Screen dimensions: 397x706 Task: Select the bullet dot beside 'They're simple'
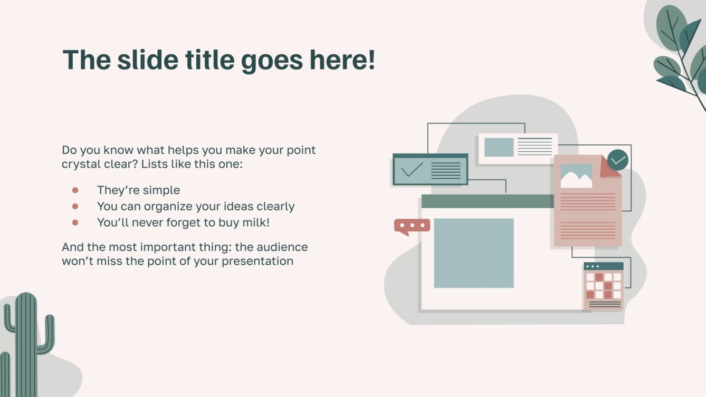[75, 190]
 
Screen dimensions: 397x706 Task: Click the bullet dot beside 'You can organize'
[75, 207]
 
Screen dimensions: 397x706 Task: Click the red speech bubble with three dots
[412, 226]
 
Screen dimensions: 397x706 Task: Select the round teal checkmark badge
[617, 160]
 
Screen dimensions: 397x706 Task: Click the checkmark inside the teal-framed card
[412, 170]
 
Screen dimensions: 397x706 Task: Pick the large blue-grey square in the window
[473, 253]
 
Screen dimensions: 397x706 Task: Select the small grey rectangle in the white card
[499, 147]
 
